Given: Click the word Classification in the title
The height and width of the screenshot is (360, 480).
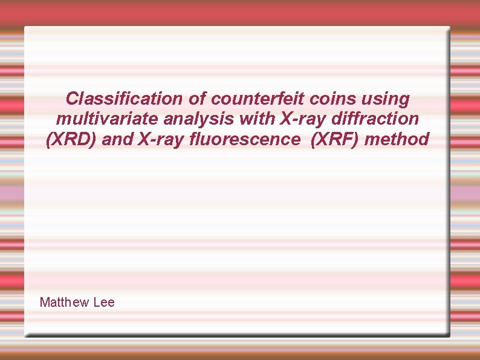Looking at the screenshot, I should [x=124, y=98].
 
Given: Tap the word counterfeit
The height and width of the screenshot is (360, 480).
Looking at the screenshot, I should [x=255, y=98].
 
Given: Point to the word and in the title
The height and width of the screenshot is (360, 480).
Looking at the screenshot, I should [x=117, y=140].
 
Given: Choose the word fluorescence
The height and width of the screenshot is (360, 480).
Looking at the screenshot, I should [x=244, y=140].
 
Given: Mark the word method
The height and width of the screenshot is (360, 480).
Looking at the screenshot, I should [x=398, y=140].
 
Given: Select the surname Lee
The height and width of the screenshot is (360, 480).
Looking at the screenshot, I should [x=104, y=302].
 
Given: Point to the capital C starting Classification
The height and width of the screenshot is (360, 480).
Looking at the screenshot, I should [x=72, y=98].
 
